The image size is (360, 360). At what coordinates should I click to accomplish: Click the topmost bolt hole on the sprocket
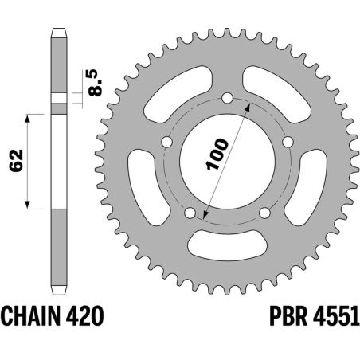coord(227,99)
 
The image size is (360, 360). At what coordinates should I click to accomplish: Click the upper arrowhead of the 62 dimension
coord(29,116)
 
